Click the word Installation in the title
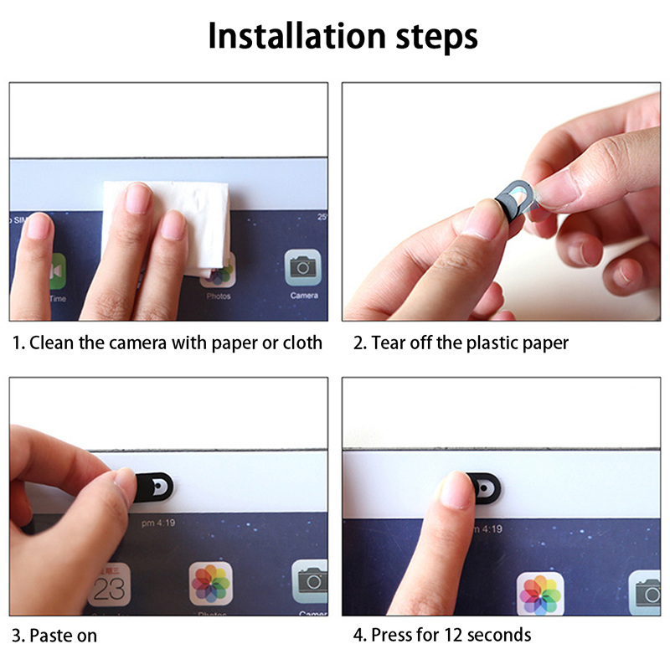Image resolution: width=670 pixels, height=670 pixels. coord(297,36)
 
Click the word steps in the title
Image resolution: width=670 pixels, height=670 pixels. coord(436,39)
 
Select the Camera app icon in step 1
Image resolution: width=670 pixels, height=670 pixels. coord(303,267)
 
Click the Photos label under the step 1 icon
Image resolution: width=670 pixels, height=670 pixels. coord(219,296)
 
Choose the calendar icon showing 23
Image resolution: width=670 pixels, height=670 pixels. coord(110,584)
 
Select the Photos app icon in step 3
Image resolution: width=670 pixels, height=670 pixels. coord(211,583)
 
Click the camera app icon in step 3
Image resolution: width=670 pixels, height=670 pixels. coord(310,581)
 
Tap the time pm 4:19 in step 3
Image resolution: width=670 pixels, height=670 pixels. coord(158,523)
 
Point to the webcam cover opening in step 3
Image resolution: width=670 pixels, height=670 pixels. coord(158,487)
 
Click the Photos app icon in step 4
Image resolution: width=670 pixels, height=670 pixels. coord(540,594)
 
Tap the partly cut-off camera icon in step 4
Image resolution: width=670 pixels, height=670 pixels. coord(645,593)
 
